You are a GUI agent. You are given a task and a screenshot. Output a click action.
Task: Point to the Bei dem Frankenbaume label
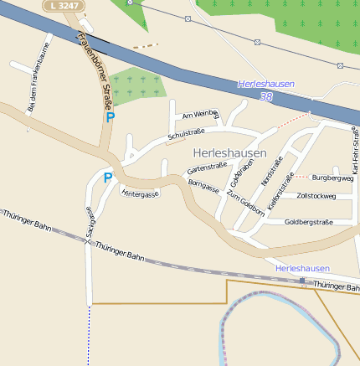tap(33, 86)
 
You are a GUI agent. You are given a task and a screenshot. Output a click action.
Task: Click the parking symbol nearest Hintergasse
tap(107, 178)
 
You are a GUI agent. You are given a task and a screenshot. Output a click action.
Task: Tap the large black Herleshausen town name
tap(229, 154)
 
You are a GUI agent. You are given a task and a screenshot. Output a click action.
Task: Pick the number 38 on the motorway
tap(266, 97)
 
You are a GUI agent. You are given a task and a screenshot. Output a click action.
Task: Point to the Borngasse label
tap(203, 186)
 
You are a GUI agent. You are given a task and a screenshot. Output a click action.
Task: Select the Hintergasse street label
tap(140, 193)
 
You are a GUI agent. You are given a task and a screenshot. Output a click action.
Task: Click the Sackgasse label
tap(90, 224)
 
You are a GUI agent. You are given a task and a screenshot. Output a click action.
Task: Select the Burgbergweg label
tap(332, 178)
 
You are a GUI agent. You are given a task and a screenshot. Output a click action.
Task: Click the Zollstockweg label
tap(316, 196)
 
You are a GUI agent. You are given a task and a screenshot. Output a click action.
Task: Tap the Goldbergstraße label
tap(308, 222)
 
